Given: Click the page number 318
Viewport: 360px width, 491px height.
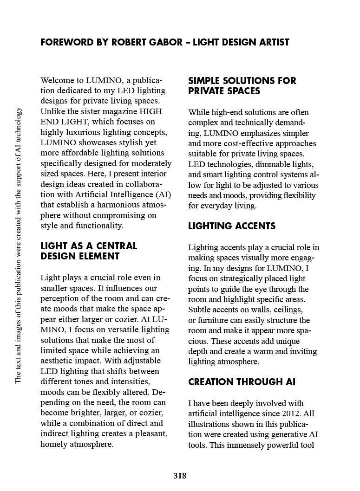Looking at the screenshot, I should [x=180, y=476].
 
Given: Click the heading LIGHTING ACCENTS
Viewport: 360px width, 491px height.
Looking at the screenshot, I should [x=232, y=226].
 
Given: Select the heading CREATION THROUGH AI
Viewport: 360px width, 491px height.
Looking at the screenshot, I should [x=242, y=382].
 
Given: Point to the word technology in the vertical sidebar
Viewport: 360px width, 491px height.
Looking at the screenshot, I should [x=19, y=127].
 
